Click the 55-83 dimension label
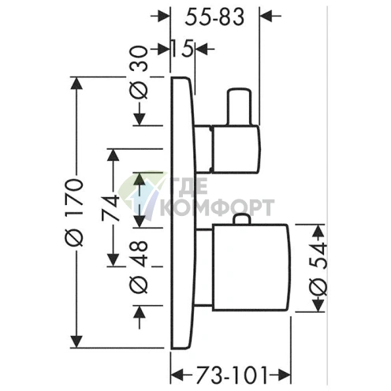pyautogui.click(x=214, y=17)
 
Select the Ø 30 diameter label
pyautogui.click(x=139, y=73)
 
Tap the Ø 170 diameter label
pyautogui.click(x=74, y=212)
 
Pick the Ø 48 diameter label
pyautogui.click(x=139, y=266)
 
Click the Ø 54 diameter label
pyautogui.click(x=319, y=270)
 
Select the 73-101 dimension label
pyautogui.click(x=231, y=375)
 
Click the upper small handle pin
pyautogui.click(x=239, y=106)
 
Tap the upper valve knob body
pyautogui.click(x=235, y=149)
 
